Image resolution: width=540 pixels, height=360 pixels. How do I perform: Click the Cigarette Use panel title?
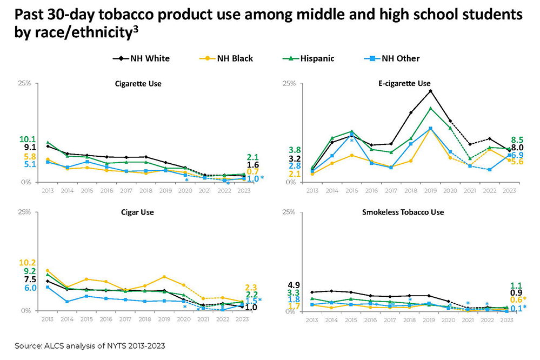click(x=138, y=84)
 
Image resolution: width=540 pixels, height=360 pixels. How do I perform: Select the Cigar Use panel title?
click(x=138, y=212)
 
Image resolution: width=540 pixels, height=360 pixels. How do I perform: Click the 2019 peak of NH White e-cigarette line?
click(x=430, y=91)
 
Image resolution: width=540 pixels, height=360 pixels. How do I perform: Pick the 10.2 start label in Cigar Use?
click(x=28, y=263)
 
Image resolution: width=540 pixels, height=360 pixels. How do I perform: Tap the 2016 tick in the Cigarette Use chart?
click(x=106, y=190)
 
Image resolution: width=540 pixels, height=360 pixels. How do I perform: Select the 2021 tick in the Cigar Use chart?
click(x=203, y=319)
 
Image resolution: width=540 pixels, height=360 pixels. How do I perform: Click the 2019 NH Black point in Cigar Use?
click(x=164, y=277)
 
